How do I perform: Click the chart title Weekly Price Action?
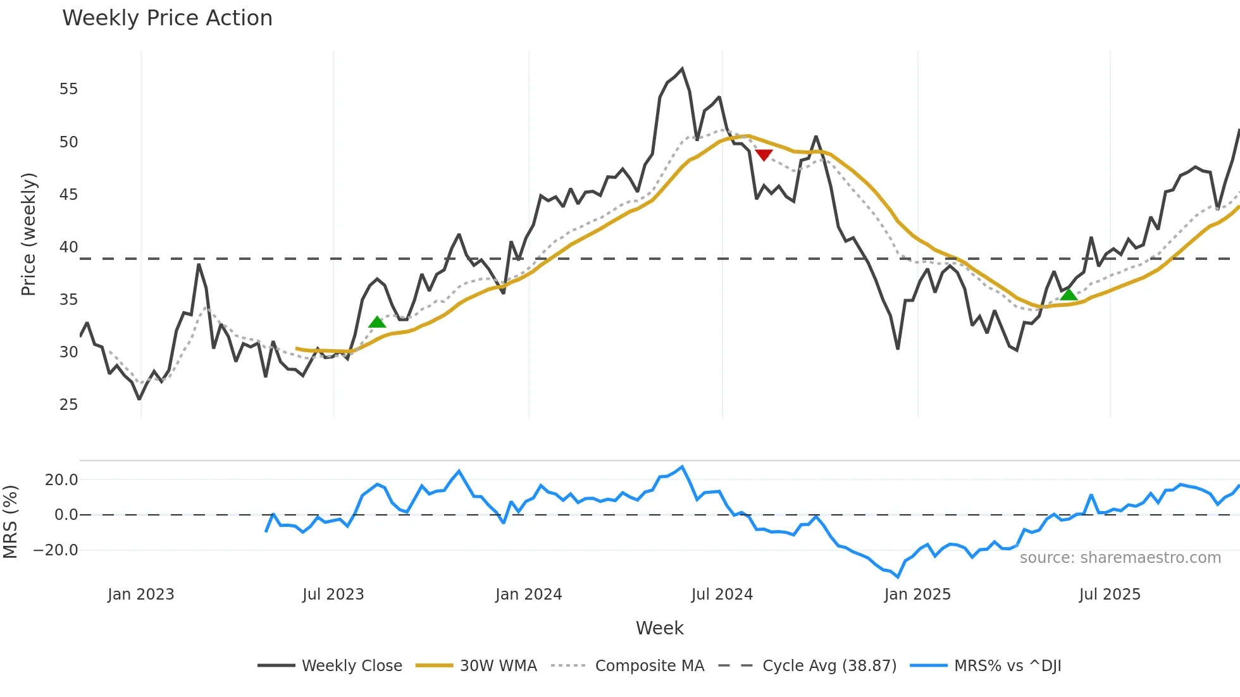click(167, 18)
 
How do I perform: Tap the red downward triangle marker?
click(764, 155)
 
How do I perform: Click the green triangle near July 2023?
click(377, 323)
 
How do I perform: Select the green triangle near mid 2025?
click(1069, 295)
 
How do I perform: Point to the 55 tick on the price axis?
click(68, 89)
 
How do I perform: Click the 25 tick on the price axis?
click(68, 405)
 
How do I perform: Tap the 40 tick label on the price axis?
click(68, 247)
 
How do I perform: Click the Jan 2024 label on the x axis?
click(528, 595)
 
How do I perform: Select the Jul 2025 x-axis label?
click(1110, 595)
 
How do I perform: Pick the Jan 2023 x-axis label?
click(140, 595)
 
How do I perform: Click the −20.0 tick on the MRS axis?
click(56, 550)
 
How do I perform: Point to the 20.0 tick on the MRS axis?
click(61, 480)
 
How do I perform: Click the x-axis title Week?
click(659, 628)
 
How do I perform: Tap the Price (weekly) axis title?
click(28, 234)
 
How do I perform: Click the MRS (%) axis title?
click(11, 522)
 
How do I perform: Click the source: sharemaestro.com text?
click(1120, 558)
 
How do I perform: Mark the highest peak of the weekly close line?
click(682, 69)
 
